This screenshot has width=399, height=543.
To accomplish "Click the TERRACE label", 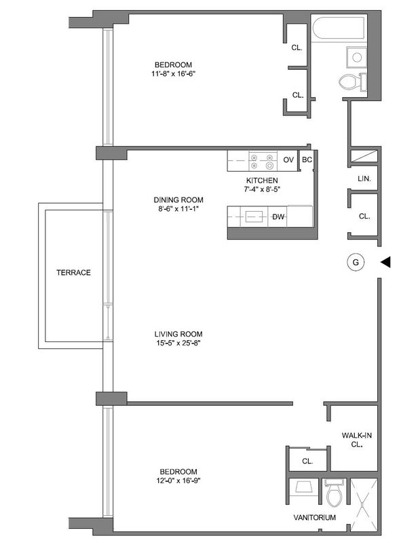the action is (73, 273).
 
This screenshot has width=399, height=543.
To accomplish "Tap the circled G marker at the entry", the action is (356, 262).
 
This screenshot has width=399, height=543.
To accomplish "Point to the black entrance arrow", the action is (385, 262).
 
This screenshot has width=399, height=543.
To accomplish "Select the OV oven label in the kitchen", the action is (288, 160).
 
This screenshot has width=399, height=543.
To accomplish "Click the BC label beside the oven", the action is (307, 160).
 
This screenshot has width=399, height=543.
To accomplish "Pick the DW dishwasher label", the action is (278, 217).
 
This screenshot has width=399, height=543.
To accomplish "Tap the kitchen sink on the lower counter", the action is (251, 217).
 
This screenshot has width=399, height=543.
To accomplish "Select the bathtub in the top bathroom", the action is (339, 29).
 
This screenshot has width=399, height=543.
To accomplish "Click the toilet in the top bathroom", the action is (352, 82).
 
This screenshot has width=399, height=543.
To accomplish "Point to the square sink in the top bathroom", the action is (356, 57).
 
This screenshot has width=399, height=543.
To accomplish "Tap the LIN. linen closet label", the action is (364, 179).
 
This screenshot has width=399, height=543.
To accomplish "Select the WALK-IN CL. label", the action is (356, 440).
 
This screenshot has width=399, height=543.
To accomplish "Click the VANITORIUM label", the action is (314, 517).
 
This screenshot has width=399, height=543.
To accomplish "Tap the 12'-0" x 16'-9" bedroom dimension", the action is (178, 481).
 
